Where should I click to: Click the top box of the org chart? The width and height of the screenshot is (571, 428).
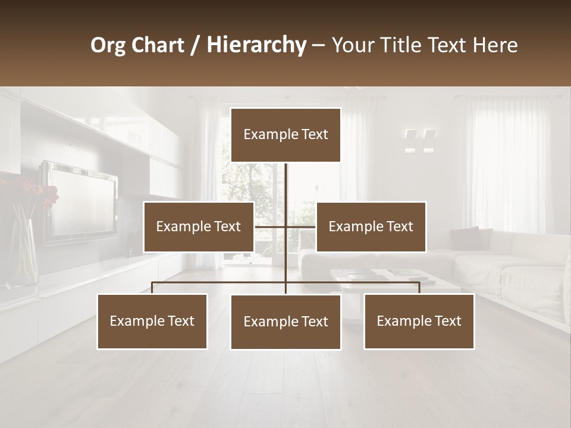[x=285, y=135]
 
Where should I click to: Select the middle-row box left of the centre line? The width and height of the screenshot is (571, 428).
[x=198, y=226]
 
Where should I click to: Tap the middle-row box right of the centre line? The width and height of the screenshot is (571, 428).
[x=371, y=226]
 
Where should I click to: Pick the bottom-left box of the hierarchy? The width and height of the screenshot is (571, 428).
[x=152, y=322]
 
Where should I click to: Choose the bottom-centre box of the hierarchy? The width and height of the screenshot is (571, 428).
[x=285, y=322]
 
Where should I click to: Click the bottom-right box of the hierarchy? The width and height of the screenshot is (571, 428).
[x=419, y=322]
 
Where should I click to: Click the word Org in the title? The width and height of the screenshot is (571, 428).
[x=108, y=46]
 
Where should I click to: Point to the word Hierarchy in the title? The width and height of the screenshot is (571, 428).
[x=256, y=46]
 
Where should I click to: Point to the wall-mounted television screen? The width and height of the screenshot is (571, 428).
[x=82, y=200]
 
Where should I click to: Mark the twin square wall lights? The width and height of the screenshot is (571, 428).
[x=420, y=141]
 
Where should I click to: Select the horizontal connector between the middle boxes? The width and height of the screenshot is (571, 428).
[x=285, y=226]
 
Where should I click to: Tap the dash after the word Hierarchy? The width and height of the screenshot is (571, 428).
[x=318, y=46]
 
